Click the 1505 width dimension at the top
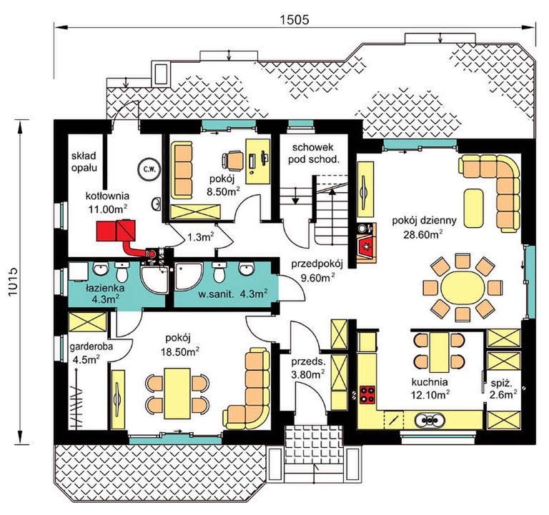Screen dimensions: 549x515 tap(294, 19)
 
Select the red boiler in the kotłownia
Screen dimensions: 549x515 tap(116, 230)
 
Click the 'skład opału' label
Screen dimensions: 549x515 tap(84, 161)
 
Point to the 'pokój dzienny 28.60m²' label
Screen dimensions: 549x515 tap(424, 227)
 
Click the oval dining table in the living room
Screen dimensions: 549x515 tap(463, 288)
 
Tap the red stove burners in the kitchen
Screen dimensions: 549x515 tap(367, 394)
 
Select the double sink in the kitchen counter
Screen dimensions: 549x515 tap(430, 419)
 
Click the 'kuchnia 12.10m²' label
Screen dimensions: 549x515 tap(430, 389)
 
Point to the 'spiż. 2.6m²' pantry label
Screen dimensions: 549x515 tap(503, 389)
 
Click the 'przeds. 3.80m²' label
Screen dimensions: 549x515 tap(308, 369)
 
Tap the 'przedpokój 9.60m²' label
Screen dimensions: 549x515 tap(317, 271)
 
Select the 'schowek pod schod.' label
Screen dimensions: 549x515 tap(314, 154)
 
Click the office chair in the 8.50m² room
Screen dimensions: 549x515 tap(232, 160)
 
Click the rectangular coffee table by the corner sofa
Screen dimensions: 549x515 tap(473, 209)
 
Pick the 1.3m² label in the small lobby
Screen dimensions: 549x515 tap(201, 237)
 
